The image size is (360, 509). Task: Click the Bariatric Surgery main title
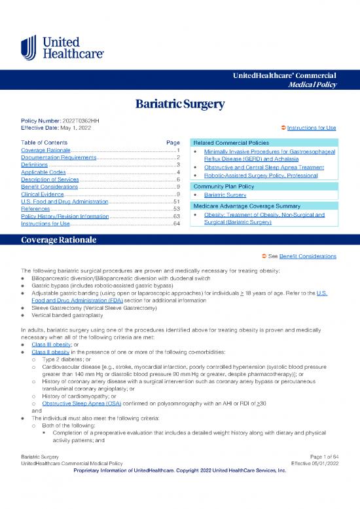coord(180,104)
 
